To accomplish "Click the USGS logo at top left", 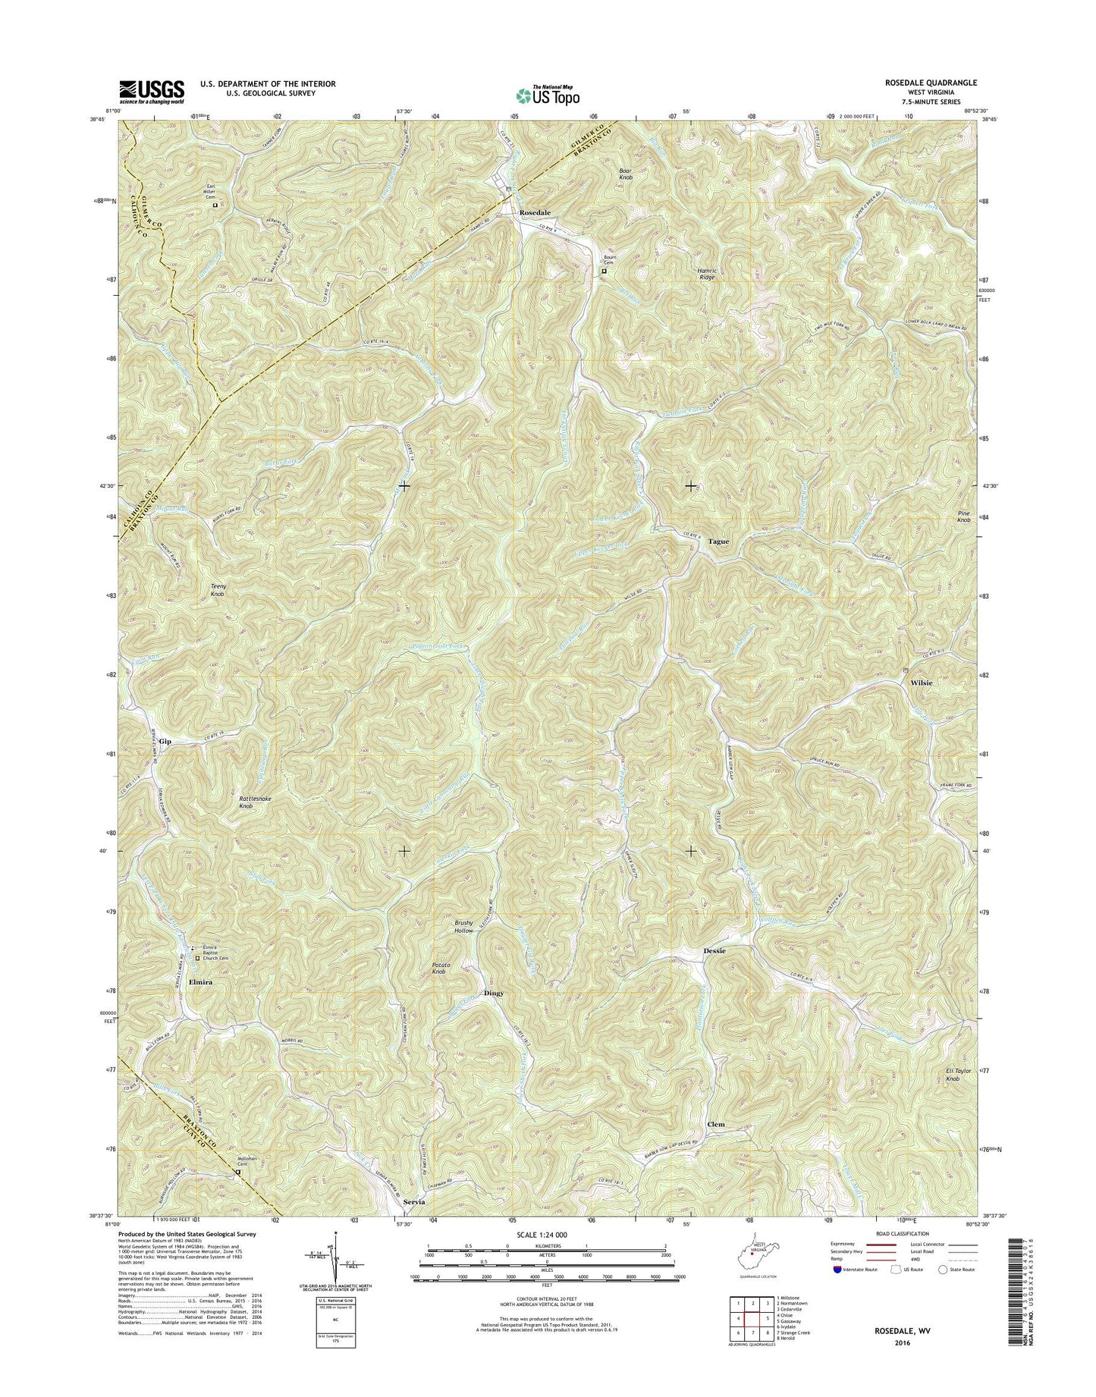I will tap(152, 92).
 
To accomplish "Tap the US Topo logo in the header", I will tap(548, 95).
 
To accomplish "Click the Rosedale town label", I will tap(535, 214).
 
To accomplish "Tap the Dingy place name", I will tap(493, 993).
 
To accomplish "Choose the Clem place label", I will tap(715, 1124).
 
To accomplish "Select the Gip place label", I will tap(165, 740).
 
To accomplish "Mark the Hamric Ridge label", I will tap(706, 274).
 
